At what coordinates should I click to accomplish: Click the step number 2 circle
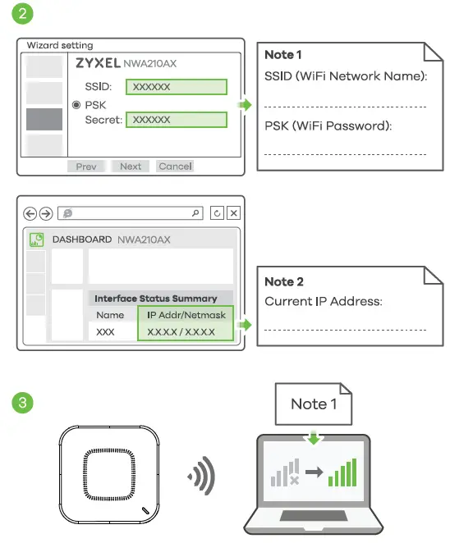pyautogui.click(x=21, y=15)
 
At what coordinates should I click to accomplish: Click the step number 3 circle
pyautogui.click(x=21, y=403)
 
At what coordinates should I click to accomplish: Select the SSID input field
pyautogui.click(x=176, y=87)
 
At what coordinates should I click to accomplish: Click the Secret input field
pyautogui.click(x=176, y=120)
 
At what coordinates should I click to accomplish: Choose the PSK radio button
pyautogui.click(x=76, y=105)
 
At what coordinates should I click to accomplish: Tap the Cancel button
pyautogui.click(x=175, y=167)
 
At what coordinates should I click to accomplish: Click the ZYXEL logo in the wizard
pyautogui.click(x=98, y=62)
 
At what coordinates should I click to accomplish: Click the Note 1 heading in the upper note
pyautogui.click(x=283, y=55)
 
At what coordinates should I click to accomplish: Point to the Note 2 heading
pyautogui.click(x=284, y=281)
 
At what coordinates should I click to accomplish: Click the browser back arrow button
pyautogui.click(x=30, y=213)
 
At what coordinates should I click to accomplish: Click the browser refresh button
pyautogui.click(x=217, y=213)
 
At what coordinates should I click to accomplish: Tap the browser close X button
pyautogui.click(x=233, y=213)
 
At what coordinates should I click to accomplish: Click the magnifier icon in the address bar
pyautogui.click(x=195, y=213)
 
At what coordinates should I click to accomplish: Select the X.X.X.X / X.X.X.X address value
pyautogui.click(x=181, y=333)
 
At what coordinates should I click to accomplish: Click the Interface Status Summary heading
pyautogui.click(x=156, y=299)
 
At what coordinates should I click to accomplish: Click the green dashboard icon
pyautogui.click(x=36, y=240)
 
